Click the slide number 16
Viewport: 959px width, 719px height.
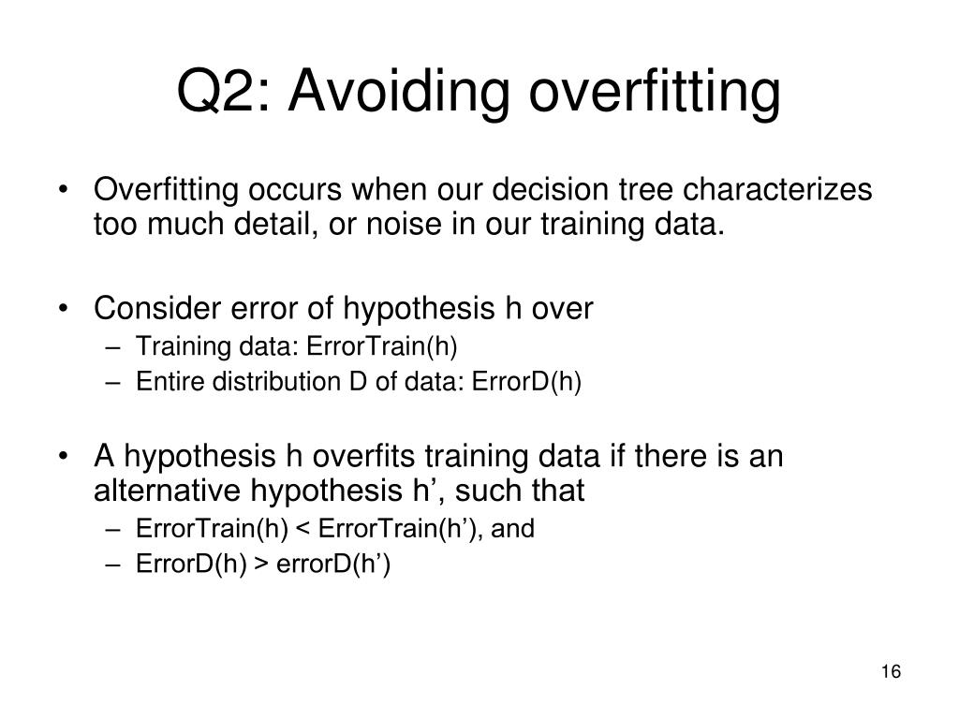point(892,671)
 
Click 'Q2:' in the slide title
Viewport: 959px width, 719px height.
point(223,91)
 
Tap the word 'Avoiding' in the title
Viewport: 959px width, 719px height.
point(399,93)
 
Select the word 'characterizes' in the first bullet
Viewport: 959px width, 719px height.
point(777,189)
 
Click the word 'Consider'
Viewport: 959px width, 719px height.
point(157,307)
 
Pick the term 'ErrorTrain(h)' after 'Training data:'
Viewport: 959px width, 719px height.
point(382,346)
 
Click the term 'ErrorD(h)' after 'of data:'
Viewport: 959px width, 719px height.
point(526,382)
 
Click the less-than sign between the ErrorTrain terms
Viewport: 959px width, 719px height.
point(302,529)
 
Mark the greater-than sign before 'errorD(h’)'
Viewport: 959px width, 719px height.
point(261,564)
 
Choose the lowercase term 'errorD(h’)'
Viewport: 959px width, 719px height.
point(333,564)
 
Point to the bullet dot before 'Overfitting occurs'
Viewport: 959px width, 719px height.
point(63,189)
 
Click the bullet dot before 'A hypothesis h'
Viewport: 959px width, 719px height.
point(63,456)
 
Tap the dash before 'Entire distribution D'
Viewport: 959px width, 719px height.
point(113,383)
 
